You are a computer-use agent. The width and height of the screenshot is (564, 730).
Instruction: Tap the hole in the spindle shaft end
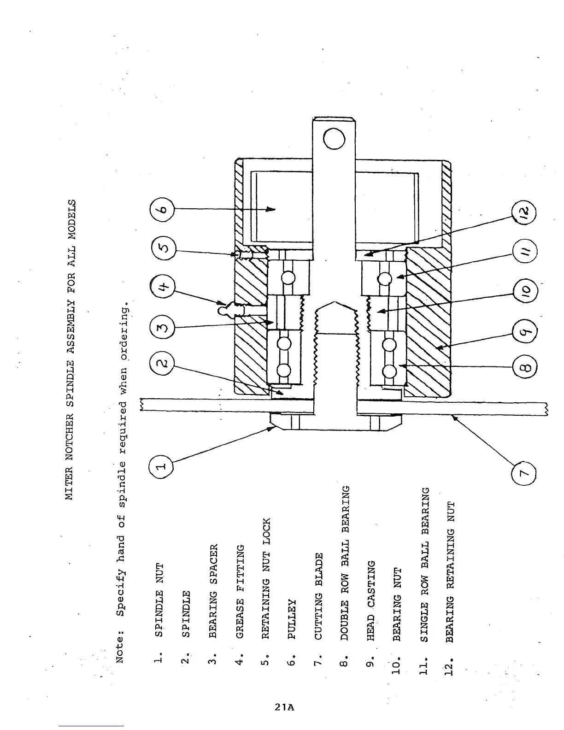pos(334,139)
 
